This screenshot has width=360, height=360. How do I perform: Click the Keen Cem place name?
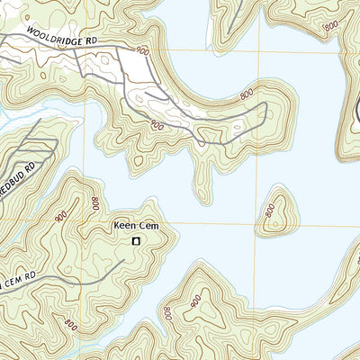[136, 227]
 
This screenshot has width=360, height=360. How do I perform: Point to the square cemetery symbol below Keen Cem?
[137, 241]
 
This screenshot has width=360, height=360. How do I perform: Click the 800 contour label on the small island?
[270, 211]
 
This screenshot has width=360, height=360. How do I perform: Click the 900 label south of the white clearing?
[156, 124]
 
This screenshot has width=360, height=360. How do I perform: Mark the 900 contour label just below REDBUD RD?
[60, 216]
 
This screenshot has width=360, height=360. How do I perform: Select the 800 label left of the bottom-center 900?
[167, 312]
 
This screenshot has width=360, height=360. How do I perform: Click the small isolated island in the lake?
[276, 213]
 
